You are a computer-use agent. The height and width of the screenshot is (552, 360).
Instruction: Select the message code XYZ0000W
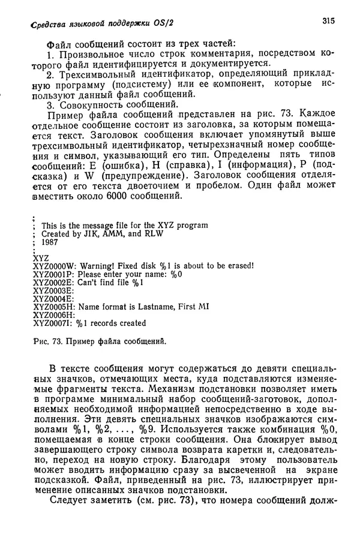coord(53,265)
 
